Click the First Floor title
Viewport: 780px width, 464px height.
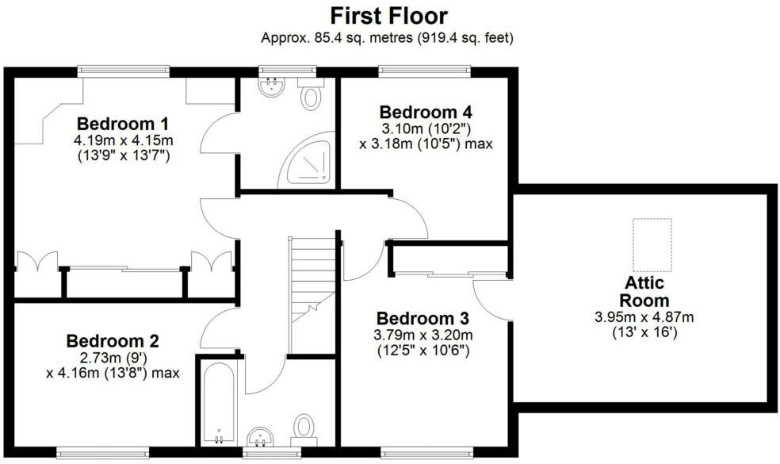tap(388, 15)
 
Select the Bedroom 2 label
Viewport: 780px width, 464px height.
tap(113, 341)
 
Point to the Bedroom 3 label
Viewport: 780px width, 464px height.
tap(423, 317)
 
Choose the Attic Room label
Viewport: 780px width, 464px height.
tap(644, 292)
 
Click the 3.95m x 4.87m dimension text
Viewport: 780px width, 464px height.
tap(644, 317)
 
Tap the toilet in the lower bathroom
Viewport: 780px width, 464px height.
tap(304, 427)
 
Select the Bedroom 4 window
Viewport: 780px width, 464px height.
tap(425, 71)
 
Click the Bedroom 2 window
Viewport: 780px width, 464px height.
tap(103, 454)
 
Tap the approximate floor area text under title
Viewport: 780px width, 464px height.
tap(388, 37)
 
